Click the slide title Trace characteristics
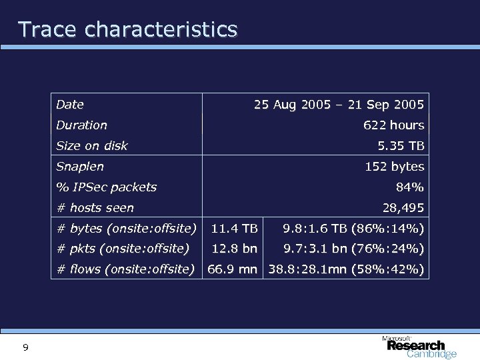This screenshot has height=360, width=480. pyautogui.click(x=127, y=29)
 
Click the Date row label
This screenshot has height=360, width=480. pyautogui.click(x=70, y=104)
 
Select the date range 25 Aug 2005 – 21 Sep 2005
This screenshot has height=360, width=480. pyautogui.click(x=339, y=104)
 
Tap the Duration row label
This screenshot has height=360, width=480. pyautogui.click(x=81, y=125)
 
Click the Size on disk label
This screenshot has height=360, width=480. pyautogui.click(x=92, y=145)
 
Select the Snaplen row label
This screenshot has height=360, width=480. pyautogui.click(x=80, y=167)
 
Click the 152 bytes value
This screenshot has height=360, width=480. pyautogui.click(x=394, y=167)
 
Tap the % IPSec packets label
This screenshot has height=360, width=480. pyautogui.click(x=107, y=187)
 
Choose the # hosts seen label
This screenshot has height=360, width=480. pyautogui.click(x=95, y=208)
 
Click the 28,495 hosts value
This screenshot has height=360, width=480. pyautogui.click(x=403, y=208)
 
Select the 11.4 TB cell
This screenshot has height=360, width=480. pyautogui.click(x=234, y=229)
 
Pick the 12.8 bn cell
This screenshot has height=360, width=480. pyautogui.click(x=234, y=249)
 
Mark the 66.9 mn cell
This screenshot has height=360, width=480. pyautogui.click(x=234, y=270)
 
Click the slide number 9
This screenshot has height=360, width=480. pyautogui.click(x=25, y=347)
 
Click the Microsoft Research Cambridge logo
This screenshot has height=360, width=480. pyautogui.click(x=419, y=346)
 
